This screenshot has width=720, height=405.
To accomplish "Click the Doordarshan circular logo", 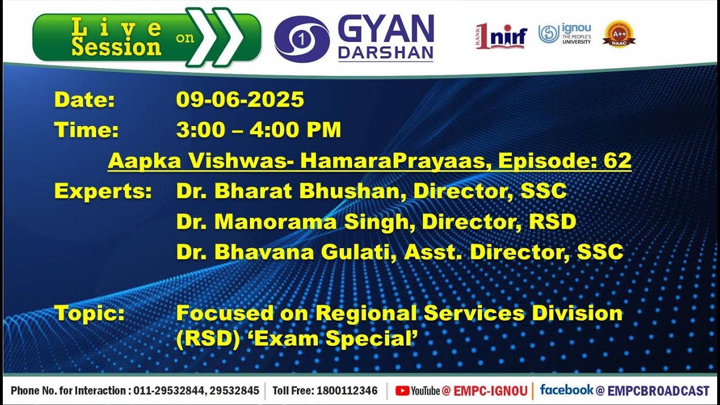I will (301, 39).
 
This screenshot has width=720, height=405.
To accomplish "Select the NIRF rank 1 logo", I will (501, 37).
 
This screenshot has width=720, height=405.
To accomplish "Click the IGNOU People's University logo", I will (564, 34).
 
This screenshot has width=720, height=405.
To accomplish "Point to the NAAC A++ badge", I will (619, 34).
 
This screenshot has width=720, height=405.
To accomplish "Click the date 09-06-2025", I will (240, 100).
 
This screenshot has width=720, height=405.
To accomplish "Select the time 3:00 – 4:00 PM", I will (258, 130).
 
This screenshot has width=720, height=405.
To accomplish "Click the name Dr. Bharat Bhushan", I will (287, 191).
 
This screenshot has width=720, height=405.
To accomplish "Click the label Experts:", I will (103, 191).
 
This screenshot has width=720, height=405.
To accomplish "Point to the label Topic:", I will (89, 313).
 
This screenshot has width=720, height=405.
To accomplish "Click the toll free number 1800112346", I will (347, 390).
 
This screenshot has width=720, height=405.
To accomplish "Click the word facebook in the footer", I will (566, 389).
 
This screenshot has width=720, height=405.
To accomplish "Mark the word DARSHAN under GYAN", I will (385, 52).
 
